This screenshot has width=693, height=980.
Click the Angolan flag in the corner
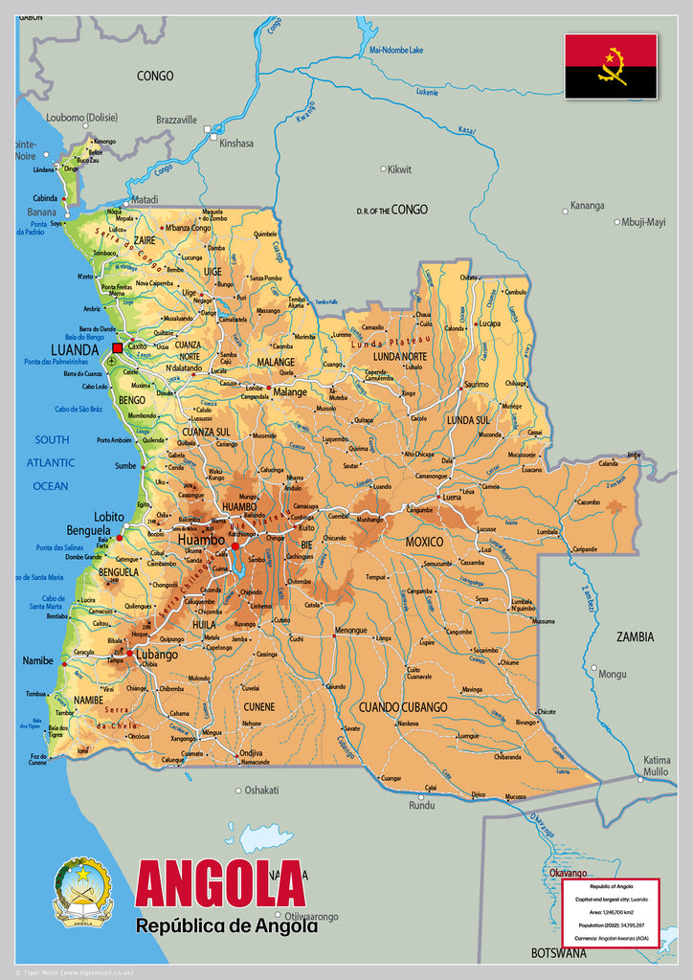tap(610, 66)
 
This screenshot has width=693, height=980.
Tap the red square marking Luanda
tap(118, 348)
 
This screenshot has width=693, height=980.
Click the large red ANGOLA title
tap(220, 884)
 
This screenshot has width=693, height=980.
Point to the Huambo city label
tap(201, 541)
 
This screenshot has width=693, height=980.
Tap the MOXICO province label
tap(424, 542)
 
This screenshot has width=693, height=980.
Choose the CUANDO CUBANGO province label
tap(403, 707)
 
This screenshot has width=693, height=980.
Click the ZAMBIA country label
tap(635, 636)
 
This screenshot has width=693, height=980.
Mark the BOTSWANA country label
tap(559, 953)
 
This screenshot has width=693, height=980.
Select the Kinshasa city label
tap(236, 144)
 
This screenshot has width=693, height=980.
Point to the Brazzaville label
tap(176, 121)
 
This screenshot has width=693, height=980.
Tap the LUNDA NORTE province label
tap(400, 356)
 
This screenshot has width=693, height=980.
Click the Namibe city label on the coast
tap(38, 661)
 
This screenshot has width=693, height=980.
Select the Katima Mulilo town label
tap(657, 765)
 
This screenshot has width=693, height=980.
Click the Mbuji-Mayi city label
tap(643, 222)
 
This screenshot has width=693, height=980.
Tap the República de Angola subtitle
tap(226, 925)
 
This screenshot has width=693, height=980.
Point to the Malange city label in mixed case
tap(290, 392)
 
